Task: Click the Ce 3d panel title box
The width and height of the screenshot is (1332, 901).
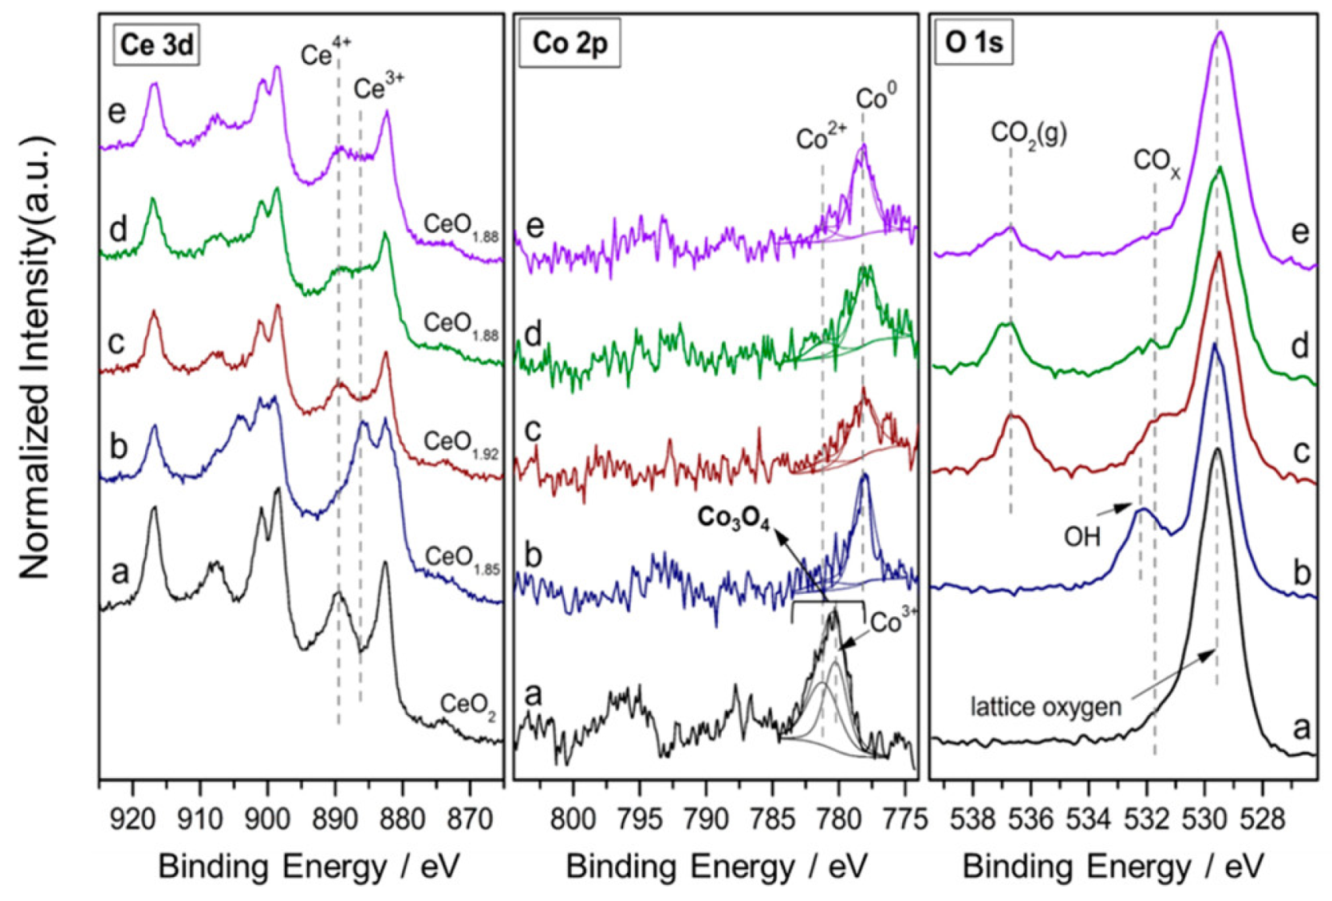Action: [156, 45]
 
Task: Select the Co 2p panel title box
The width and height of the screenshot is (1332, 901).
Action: [569, 45]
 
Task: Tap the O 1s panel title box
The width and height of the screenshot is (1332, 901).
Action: [973, 45]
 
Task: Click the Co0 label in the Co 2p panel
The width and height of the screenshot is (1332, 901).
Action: [876, 99]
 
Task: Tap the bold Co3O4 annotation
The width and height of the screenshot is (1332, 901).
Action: [733, 518]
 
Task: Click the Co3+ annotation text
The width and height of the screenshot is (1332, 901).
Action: [893, 622]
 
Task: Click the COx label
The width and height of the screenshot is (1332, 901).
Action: [1157, 163]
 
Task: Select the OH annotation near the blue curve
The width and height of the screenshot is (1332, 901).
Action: [1082, 537]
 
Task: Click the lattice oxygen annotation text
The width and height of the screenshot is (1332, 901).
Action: [1046, 706]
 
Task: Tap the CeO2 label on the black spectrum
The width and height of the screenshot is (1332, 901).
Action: [468, 705]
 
